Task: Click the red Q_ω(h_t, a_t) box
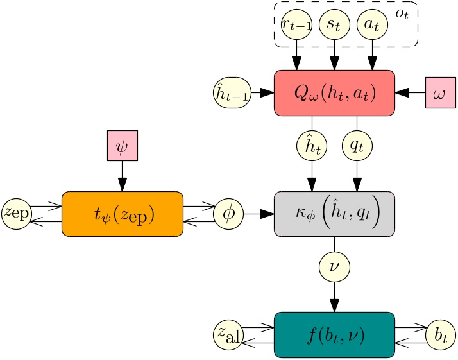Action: pyautogui.click(x=334, y=93)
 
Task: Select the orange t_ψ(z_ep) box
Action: pyautogui.click(x=122, y=213)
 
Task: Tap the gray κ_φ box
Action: pyautogui.click(x=334, y=213)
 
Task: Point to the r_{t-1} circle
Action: pyautogui.click(x=296, y=28)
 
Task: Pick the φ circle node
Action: pyautogui.click(x=229, y=213)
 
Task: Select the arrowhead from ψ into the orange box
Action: pyautogui.click(x=122, y=184)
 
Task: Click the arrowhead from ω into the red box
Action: pyautogui.click(x=402, y=93)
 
